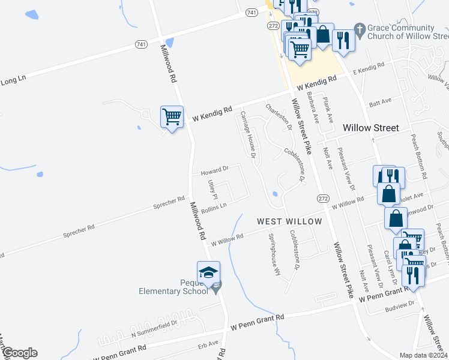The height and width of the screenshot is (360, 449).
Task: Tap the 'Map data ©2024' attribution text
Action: [x=423, y=355]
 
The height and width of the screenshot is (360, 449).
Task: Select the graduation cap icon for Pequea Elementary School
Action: [x=208, y=274]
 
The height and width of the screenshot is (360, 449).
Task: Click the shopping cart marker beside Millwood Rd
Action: [x=172, y=116]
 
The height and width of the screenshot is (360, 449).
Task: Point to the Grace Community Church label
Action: [x=402, y=32]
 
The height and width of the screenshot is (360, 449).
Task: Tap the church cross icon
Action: [x=360, y=29]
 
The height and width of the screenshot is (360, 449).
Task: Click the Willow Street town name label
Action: [x=370, y=128]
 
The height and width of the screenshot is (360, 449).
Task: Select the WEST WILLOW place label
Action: [x=289, y=221]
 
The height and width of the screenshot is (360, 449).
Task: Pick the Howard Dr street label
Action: [x=215, y=170]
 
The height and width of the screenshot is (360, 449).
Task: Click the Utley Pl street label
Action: [x=211, y=189]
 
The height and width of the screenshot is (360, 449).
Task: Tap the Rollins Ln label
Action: [x=214, y=208]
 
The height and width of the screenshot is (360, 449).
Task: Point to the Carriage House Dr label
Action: [x=249, y=134]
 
